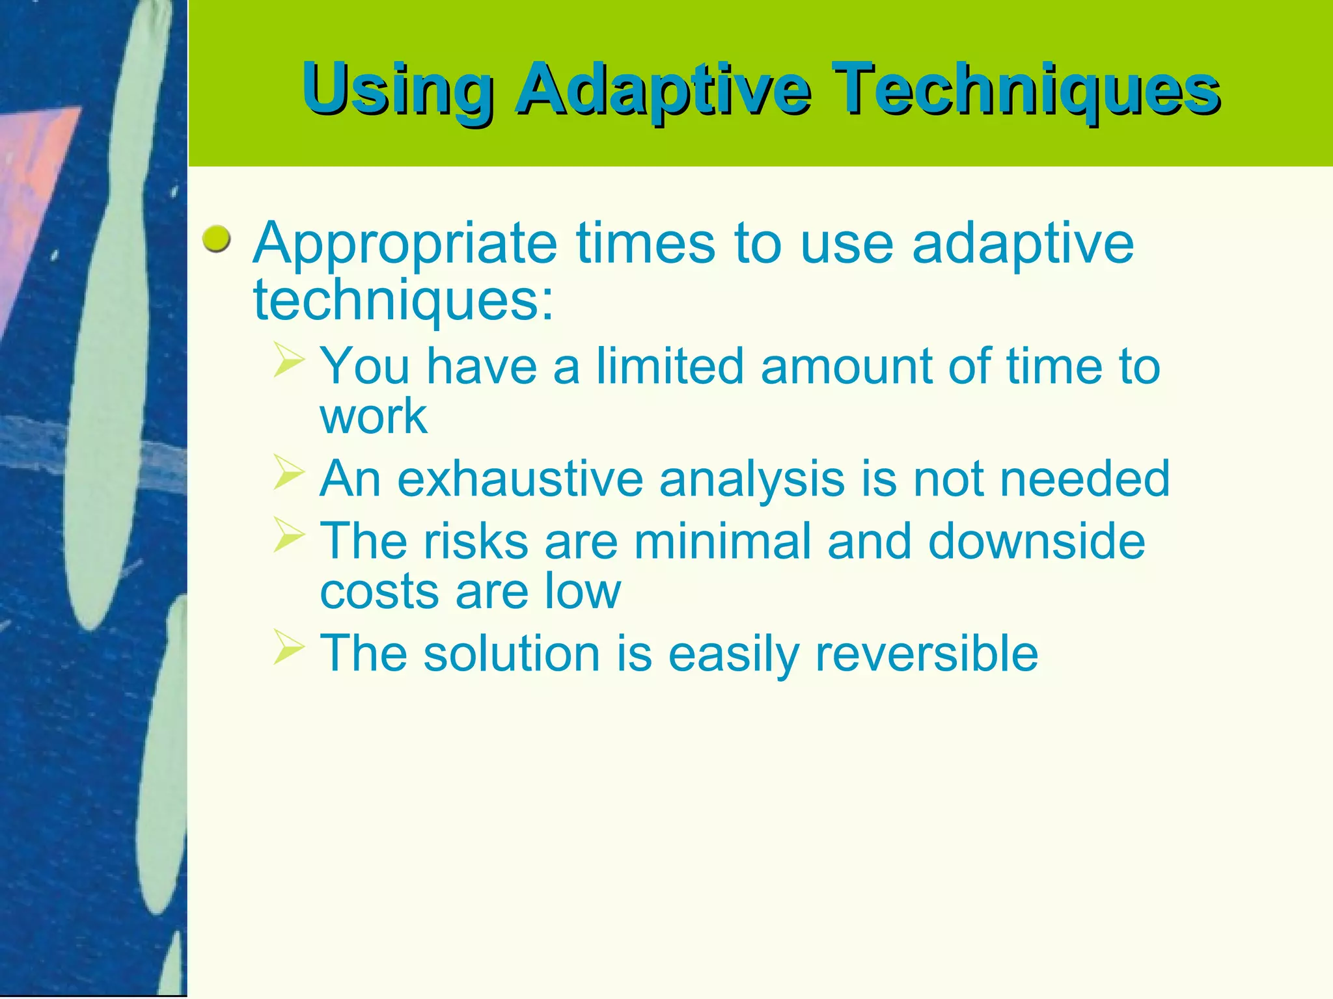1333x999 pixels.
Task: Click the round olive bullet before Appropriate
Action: coord(216,240)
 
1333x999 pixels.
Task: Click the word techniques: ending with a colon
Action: coord(403,301)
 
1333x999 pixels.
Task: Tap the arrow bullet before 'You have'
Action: coord(288,360)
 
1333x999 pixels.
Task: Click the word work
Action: coord(373,416)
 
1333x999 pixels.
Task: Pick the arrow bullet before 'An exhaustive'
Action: coord(288,472)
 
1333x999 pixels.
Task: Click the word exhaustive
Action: coord(520,479)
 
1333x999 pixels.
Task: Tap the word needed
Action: coord(1084,479)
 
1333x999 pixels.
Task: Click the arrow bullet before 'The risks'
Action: coord(288,535)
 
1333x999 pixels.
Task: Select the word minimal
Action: coord(722,541)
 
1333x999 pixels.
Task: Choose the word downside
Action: coord(1036,541)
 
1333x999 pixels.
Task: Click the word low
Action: coord(583,592)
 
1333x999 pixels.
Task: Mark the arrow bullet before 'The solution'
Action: coord(288,647)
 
